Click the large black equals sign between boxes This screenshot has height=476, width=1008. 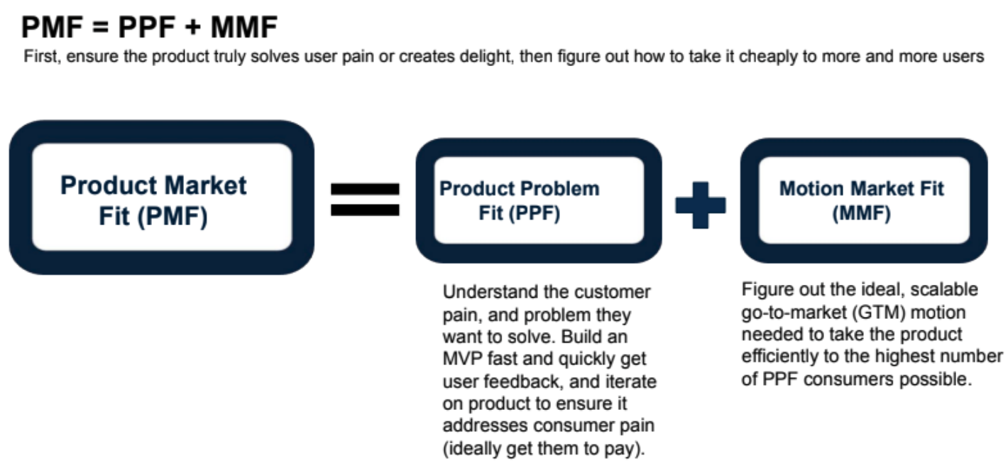tap(365, 200)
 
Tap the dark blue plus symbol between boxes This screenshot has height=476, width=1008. tap(701, 205)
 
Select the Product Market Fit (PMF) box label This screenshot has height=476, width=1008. tap(153, 200)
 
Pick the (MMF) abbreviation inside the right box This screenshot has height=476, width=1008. tap(861, 213)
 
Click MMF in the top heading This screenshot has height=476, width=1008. tap(244, 27)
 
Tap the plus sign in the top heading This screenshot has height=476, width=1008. tap(192, 27)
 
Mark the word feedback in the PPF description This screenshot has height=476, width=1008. tap(523, 382)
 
